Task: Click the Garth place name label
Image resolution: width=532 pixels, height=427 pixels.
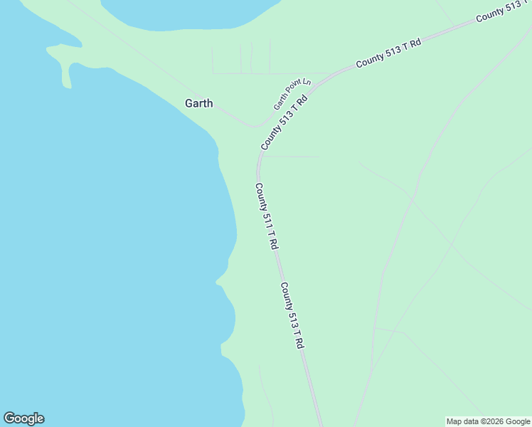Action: point(198,103)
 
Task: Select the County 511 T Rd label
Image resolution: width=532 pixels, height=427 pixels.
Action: point(266,216)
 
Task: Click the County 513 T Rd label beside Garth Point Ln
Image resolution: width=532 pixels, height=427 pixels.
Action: point(284,122)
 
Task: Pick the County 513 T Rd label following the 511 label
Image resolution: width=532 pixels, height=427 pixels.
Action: point(292,315)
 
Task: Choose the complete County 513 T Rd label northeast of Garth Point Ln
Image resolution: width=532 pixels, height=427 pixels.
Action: point(389,53)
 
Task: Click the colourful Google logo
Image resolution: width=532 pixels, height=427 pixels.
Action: point(23,418)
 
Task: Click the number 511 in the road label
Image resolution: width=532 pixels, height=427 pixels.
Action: point(267,220)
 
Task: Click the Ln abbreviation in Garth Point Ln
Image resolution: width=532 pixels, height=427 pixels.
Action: point(307,82)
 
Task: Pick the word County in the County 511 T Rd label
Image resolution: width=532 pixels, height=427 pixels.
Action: point(260,196)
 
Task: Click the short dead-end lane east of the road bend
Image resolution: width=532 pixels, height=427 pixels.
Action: point(292,157)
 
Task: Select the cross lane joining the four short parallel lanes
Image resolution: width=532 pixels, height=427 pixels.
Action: point(270,73)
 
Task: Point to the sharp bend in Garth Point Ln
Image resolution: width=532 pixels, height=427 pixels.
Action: point(254,126)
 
